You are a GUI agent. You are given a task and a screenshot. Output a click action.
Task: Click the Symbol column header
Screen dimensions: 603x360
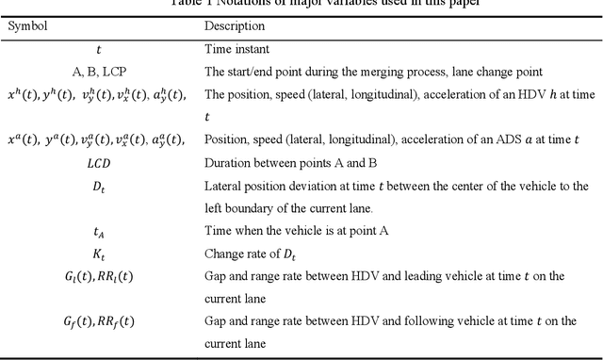(29, 26)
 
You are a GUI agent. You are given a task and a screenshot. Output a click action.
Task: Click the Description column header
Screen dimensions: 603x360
(235, 26)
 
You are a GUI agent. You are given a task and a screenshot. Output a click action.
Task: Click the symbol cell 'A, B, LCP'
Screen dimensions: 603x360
(101, 71)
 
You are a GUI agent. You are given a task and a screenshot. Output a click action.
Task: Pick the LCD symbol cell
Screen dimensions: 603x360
(101, 163)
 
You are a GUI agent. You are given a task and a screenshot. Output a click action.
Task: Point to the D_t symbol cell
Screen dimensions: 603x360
(101, 186)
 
